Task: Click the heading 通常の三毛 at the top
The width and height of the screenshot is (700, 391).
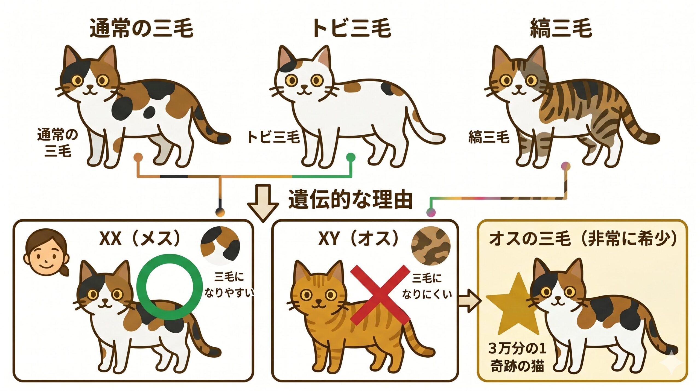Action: pyautogui.click(x=141, y=28)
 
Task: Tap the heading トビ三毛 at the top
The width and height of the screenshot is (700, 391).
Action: pyautogui.click(x=352, y=28)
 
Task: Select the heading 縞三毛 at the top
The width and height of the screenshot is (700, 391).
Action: pyautogui.click(x=561, y=28)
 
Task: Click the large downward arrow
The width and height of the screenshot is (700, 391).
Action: pyautogui.click(x=263, y=202)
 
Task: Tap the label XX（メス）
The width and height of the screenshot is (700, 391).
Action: pyautogui.click(x=140, y=239)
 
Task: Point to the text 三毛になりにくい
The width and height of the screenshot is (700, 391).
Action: pyautogui.click(x=427, y=286)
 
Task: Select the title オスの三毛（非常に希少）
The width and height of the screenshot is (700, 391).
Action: pyautogui.click(x=582, y=239)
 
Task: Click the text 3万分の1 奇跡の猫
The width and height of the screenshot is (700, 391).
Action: pyautogui.click(x=517, y=357)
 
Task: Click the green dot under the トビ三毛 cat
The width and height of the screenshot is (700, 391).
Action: pyautogui.click(x=351, y=157)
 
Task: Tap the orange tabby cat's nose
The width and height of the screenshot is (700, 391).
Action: pyautogui.click(x=318, y=301)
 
